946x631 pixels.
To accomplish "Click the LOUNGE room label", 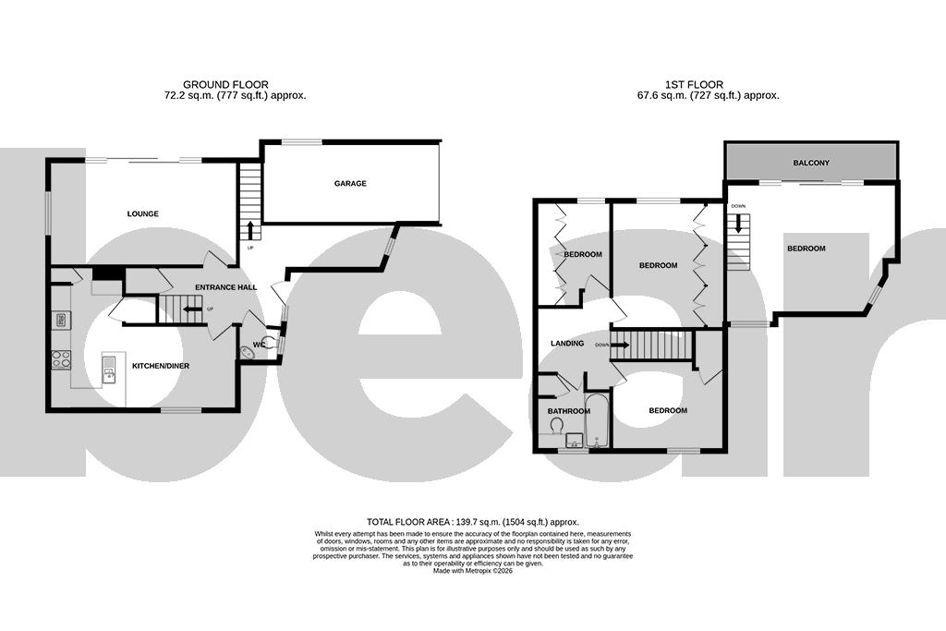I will [142, 214].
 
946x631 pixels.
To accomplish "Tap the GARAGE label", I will [350, 184].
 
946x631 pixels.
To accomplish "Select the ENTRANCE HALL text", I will [225, 287].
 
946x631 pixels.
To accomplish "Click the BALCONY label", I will [811, 164].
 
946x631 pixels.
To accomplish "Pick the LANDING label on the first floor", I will [567, 344].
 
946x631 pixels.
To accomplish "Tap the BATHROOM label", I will [568, 411].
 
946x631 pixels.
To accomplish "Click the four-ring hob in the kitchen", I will [61, 358].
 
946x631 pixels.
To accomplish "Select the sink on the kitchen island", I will [110, 374].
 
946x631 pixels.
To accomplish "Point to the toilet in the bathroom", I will [557, 425].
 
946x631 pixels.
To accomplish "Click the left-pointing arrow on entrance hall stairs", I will [192, 309].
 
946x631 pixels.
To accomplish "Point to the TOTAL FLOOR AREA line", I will [472, 522].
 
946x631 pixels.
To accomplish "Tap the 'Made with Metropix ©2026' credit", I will [472, 571].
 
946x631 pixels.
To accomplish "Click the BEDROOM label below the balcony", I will [806, 249].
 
